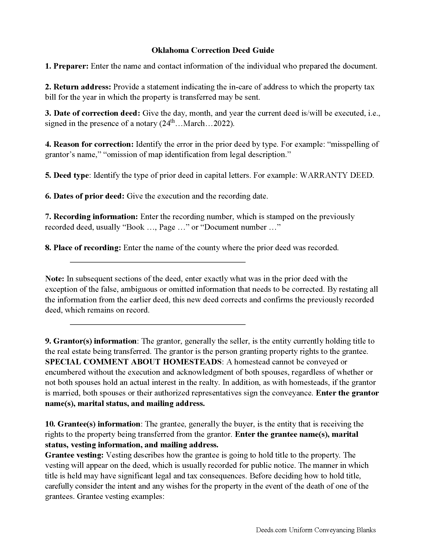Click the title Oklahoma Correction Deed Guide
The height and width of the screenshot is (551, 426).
click(x=212, y=50)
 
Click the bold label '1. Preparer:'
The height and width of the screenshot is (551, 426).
click(x=67, y=66)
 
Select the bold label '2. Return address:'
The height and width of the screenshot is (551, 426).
click(x=78, y=87)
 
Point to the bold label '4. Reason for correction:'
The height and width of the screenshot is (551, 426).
click(x=89, y=144)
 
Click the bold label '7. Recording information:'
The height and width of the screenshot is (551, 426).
click(x=91, y=217)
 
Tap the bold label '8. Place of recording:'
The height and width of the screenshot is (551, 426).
click(x=83, y=248)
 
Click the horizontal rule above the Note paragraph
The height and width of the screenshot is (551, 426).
click(x=157, y=262)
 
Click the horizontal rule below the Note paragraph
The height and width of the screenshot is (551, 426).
click(x=157, y=324)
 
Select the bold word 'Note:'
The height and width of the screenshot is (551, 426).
click(x=55, y=279)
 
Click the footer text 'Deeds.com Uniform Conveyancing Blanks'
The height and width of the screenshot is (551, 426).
click(x=316, y=530)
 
